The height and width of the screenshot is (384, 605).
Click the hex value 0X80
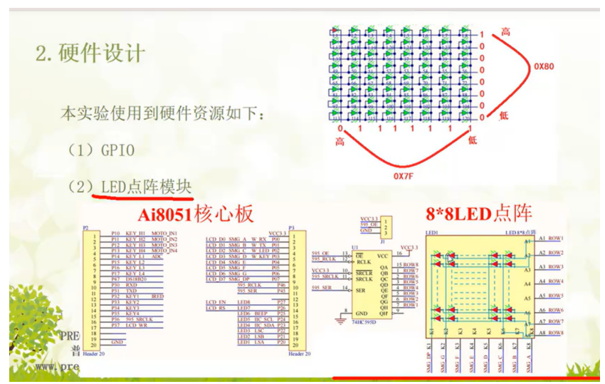[x=547, y=66]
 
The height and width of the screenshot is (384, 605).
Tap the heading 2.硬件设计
[x=90, y=53]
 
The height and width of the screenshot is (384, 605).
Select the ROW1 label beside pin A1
[x=556, y=237]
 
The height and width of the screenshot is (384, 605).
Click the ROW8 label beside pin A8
[x=556, y=333]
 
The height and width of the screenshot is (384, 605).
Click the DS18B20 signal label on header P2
[x=137, y=279]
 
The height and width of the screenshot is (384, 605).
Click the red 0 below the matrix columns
[x=340, y=130]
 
